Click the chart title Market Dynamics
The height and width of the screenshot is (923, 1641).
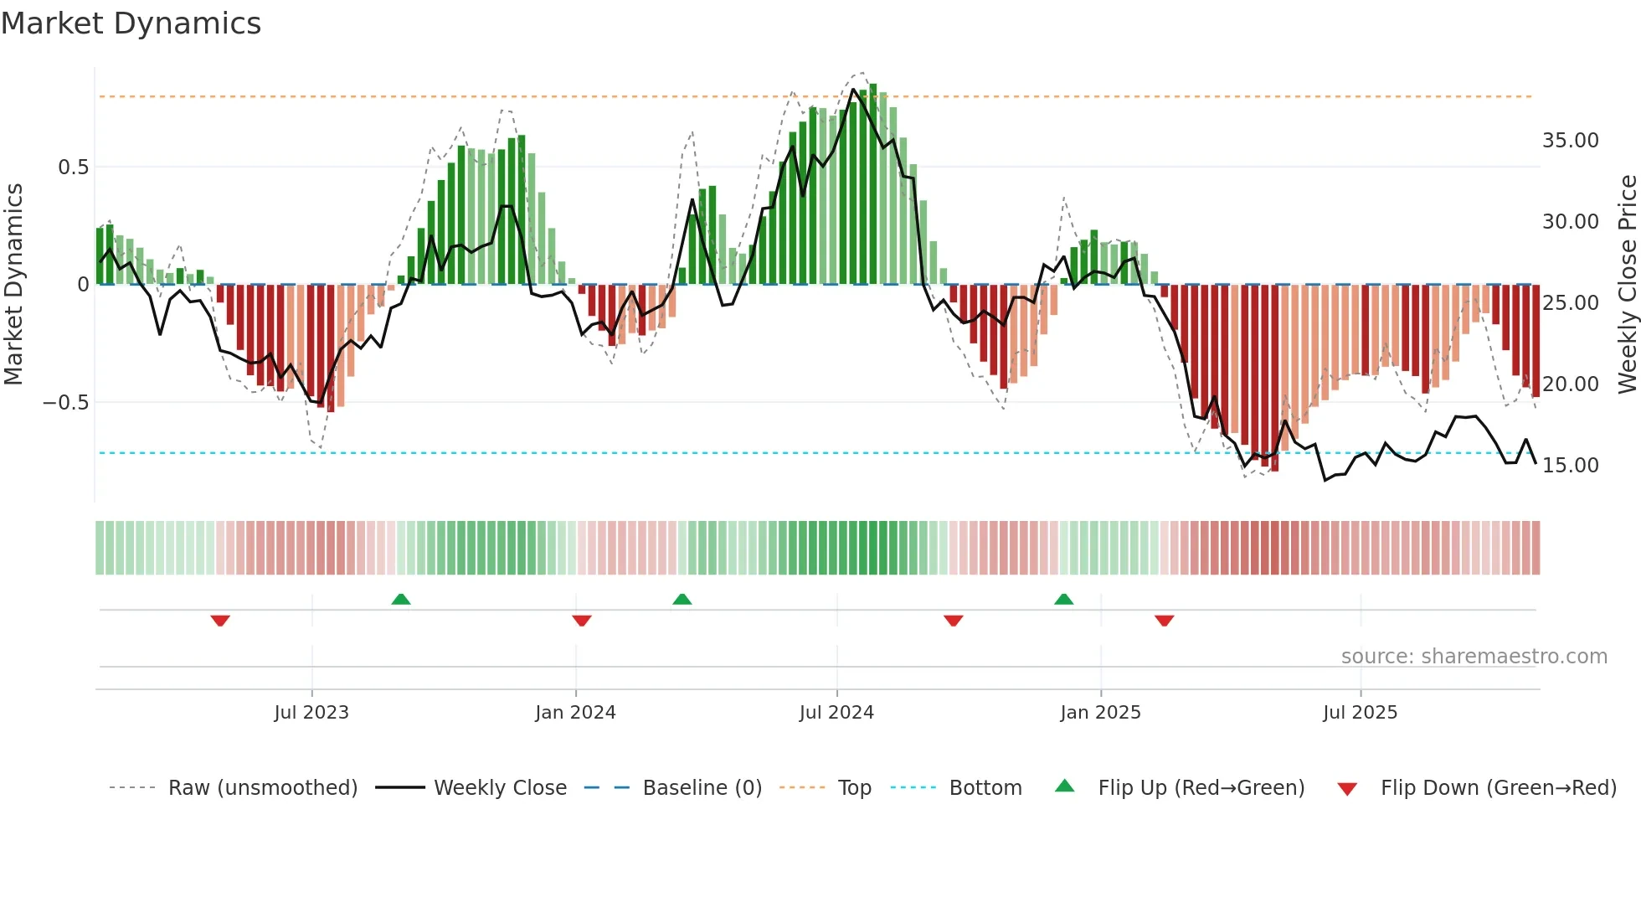pyautogui.click(x=131, y=23)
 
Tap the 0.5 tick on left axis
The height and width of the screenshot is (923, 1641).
pyautogui.click(x=73, y=167)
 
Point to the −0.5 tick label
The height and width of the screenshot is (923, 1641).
pyautogui.click(x=65, y=403)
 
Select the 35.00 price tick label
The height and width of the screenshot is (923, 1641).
pyautogui.click(x=1570, y=141)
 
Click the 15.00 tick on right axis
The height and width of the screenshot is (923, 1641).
pyautogui.click(x=1570, y=466)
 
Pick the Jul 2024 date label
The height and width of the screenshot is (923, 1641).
pyautogui.click(x=836, y=713)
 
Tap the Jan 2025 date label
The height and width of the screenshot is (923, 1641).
pyautogui.click(x=1099, y=713)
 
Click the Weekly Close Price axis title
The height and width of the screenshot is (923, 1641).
pyautogui.click(x=1627, y=284)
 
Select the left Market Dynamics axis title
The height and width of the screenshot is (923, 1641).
pyautogui.click(x=14, y=284)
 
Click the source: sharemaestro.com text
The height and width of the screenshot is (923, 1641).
pyautogui.click(x=1474, y=657)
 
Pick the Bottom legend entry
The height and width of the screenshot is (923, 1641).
pyautogui.click(x=985, y=788)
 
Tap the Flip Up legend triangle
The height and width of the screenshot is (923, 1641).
pyautogui.click(x=1064, y=786)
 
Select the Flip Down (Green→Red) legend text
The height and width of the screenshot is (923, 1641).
pyautogui.click(x=1498, y=788)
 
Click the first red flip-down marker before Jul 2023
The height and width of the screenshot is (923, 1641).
pyautogui.click(x=220, y=621)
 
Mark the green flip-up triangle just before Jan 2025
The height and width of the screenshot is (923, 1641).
pyautogui.click(x=1063, y=599)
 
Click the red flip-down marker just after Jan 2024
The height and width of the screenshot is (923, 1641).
pyautogui.click(x=582, y=621)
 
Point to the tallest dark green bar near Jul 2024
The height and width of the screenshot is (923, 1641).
pyautogui.click(x=873, y=184)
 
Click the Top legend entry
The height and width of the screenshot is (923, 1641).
pyautogui.click(x=854, y=788)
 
